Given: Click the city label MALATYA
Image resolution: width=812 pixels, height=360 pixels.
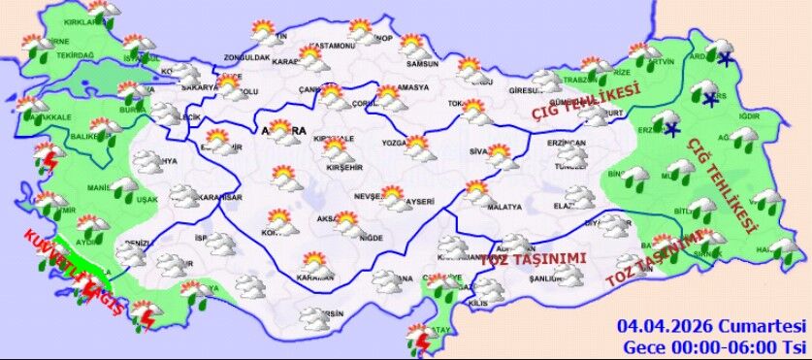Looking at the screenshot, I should (504, 208).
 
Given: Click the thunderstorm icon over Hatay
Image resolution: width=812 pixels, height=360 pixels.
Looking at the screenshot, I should (420, 339).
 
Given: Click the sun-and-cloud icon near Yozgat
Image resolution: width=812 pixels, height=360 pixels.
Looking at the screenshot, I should (418, 147).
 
